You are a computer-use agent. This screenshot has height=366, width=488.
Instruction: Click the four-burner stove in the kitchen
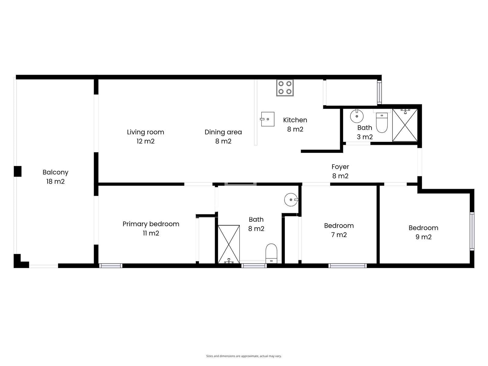click(285, 88)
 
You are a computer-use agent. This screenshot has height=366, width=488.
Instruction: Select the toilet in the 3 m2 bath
click(382, 122)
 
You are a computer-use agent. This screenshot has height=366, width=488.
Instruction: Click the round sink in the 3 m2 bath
click(357, 116)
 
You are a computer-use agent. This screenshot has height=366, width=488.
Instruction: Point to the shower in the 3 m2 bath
click(405, 125)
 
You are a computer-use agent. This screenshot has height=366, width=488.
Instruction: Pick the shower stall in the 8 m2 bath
click(229, 244)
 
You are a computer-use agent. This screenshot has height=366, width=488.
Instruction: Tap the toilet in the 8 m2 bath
click(271, 253)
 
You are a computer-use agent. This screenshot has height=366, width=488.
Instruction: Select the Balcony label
click(56, 172)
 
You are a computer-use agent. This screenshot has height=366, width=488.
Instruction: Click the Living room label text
click(145, 132)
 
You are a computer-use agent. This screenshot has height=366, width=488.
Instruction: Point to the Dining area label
click(223, 132)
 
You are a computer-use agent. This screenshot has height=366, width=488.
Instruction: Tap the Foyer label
click(340, 167)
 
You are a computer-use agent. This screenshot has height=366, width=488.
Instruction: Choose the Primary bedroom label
click(151, 224)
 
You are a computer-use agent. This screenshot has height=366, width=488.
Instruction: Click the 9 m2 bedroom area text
click(423, 237)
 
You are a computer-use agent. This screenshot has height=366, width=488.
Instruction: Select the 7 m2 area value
click(339, 235)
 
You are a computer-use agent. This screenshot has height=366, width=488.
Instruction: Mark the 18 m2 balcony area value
click(56, 181)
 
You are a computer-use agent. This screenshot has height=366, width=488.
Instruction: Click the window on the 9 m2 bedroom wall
click(472, 231)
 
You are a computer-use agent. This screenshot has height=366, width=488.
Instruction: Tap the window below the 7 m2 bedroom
click(347, 266)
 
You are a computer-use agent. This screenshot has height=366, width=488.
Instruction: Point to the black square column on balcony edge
click(18, 171)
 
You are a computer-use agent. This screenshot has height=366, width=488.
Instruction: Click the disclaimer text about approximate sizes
click(244, 356)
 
